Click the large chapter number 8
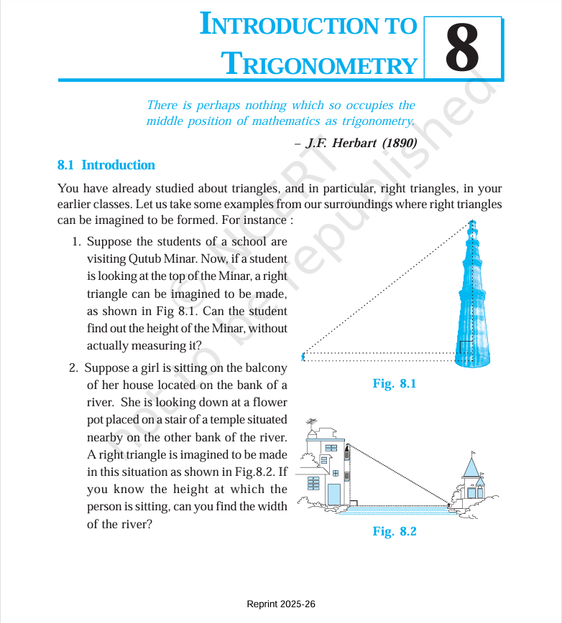pyautogui.click(x=462, y=49)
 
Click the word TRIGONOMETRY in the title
pyautogui.click(x=318, y=64)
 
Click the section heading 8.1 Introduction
pyautogui.click(x=106, y=165)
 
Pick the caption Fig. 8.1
pyautogui.click(x=395, y=383)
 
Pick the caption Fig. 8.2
pyautogui.click(x=395, y=531)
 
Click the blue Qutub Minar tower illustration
pyautogui.click(x=472, y=301)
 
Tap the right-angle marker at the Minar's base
pyautogui.click(x=465, y=347)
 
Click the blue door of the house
pyautogui.click(x=333, y=495)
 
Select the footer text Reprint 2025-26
pyautogui.click(x=281, y=604)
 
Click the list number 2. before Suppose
pyautogui.click(x=74, y=368)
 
